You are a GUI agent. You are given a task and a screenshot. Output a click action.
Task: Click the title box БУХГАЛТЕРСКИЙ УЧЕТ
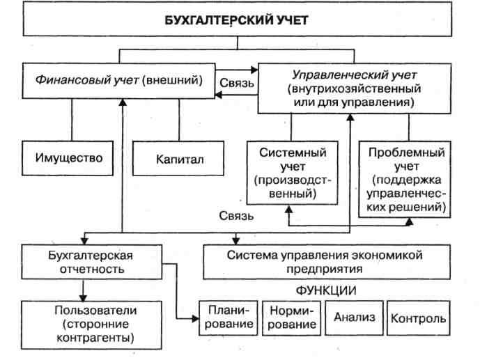[238, 19]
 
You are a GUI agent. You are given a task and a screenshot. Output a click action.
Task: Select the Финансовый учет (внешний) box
[118, 81]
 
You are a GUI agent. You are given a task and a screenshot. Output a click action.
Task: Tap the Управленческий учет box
[354, 88]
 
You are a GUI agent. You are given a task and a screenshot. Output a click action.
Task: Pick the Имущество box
[68, 158]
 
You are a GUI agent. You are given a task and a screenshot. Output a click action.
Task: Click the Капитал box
[178, 158]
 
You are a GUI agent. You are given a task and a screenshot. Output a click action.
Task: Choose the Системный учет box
[293, 173]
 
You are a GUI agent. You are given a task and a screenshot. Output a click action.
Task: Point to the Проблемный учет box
[405, 179]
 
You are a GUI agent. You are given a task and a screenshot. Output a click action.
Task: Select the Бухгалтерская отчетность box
[91, 262]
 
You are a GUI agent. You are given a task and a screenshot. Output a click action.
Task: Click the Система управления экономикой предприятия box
[327, 262]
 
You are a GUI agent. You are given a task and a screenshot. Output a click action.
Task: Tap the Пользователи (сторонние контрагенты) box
[91, 324]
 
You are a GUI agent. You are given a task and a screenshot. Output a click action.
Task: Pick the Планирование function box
[229, 318]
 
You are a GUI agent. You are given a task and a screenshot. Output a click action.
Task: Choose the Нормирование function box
[291, 318]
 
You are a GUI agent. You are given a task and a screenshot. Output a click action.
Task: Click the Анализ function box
[354, 318]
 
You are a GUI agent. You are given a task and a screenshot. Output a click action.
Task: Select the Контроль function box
[419, 318]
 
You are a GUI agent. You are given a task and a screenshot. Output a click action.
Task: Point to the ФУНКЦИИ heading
[326, 290]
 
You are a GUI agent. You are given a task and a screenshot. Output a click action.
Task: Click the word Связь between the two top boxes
[237, 83]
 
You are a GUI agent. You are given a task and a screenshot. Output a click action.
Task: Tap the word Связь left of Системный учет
[236, 216]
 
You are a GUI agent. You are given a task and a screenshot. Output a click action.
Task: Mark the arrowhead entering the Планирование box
[195, 319]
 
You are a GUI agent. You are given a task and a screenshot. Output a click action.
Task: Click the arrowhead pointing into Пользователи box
[83, 297]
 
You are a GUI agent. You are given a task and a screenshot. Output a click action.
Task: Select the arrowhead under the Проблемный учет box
[409, 221]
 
